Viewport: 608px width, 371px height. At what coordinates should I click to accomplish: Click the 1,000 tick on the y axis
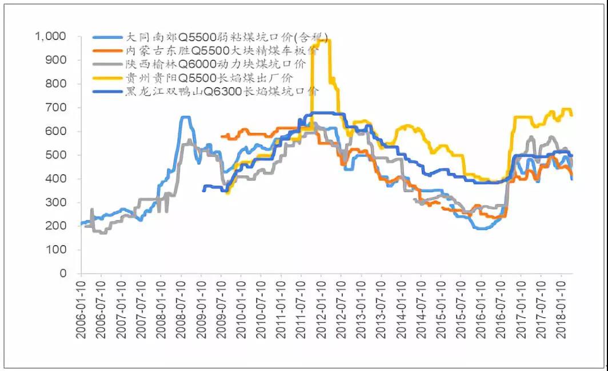(x=51, y=36)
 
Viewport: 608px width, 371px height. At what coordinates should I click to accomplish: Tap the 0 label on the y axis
(x=63, y=273)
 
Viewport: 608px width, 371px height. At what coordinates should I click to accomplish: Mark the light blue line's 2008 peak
(x=185, y=117)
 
